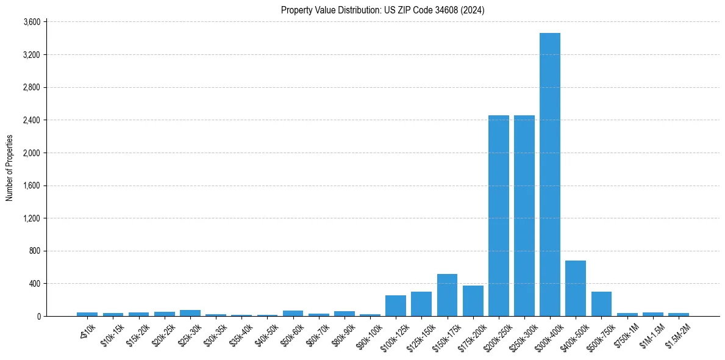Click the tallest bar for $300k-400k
pyautogui.click(x=549, y=175)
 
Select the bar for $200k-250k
pyautogui.click(x=498, y=215)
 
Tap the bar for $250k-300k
pyautogui.click(x=524, y=215)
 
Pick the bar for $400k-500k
pyautogui.click(x=575, y=288)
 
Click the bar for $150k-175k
pyautogui.click(x=447, y=295)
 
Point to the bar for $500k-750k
pyautogui.click(x=601, y=304)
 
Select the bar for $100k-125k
pyautogui.click(x=395, y=306)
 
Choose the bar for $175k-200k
pyautogui.click(x=473, y=301)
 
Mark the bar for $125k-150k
pyautogui.click(x=421, y=304)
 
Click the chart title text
pyautogui.click(x=382, y=10)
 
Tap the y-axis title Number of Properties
pyautogui.click(x=10, y=168)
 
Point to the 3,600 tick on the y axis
pyautogui.click(x=31, y=22)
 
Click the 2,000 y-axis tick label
pyautogui.click(x=31, y=153)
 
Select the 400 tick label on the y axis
pyautogui.click(x=34, y=284)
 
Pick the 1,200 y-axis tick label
pyautogui.click(x=31, y=218)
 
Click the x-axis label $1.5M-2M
pyautogui.click(x=677, y=332)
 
